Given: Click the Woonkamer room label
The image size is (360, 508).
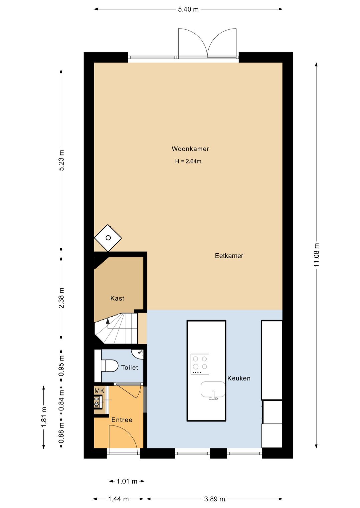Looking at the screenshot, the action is click(x=190, y=149).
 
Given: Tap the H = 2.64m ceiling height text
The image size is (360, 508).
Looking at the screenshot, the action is click(x=188, y=161).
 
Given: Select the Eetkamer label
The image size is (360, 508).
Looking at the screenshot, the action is click(x=229, y=256).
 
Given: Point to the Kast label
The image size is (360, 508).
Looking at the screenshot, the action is click(x=117, y=298).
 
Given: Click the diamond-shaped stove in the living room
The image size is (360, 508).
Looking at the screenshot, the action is click(x=108, y=238).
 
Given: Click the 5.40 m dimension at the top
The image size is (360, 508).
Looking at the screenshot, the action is click(x=188, y=9).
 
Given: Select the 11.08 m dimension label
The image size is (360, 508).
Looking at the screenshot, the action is click(x=316, y=255).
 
